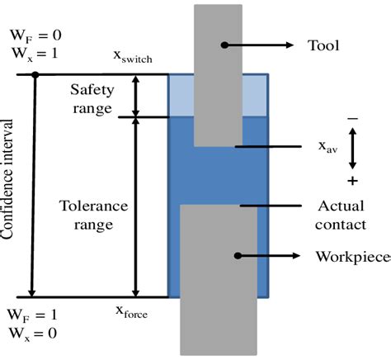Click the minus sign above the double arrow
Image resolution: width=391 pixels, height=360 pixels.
pyautogui.click(x=352, y=120)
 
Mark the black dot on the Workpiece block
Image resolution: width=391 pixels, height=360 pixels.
pyautogui.click(x=237, y=256)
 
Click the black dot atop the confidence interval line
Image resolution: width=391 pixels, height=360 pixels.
pyautogui.click(x=34, y=75)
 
